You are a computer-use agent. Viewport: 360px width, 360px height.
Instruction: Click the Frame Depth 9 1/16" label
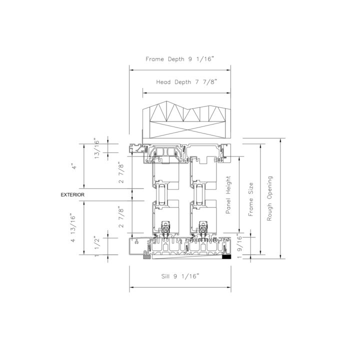point(180,59)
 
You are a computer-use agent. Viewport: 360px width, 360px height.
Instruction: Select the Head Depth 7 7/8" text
point(186,82)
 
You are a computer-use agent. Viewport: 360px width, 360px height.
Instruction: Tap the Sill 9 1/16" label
point(180,276)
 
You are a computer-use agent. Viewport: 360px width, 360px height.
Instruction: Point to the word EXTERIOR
point(72,194)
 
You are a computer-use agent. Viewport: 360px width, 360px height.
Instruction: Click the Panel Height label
point(228,195)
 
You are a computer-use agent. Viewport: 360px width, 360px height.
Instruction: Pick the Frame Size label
point(250,199)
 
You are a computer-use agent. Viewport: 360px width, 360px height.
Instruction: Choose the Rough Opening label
point(269,198)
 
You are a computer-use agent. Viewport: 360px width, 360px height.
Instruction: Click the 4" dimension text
point(74,166)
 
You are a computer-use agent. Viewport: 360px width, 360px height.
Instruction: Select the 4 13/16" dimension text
point(73,228)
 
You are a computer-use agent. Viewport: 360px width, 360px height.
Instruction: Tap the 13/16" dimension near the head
point(96,148)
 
